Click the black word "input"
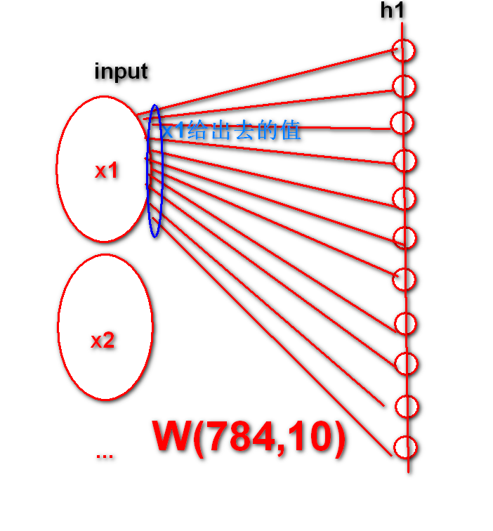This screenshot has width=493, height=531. click(121, 71)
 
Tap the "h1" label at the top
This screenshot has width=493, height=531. click(393, 11)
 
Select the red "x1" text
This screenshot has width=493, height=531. click(107, 170)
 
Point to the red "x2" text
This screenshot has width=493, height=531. click(103, 341)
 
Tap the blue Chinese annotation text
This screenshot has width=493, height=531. click(230, 131)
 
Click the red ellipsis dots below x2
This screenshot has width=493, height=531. click(104, 455)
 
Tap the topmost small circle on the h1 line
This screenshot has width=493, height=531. click(404, 51)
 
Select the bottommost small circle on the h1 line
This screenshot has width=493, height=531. click(405, 447)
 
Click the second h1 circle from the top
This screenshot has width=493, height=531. click(403, 86)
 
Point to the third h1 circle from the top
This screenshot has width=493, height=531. click(402, 122)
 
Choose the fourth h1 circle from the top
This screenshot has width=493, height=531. click(404, 160)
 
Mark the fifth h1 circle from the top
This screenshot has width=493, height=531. click(404, 198)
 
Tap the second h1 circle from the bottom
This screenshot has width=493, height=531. click(406, 407)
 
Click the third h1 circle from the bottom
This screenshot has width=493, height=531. click(406, 364)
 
